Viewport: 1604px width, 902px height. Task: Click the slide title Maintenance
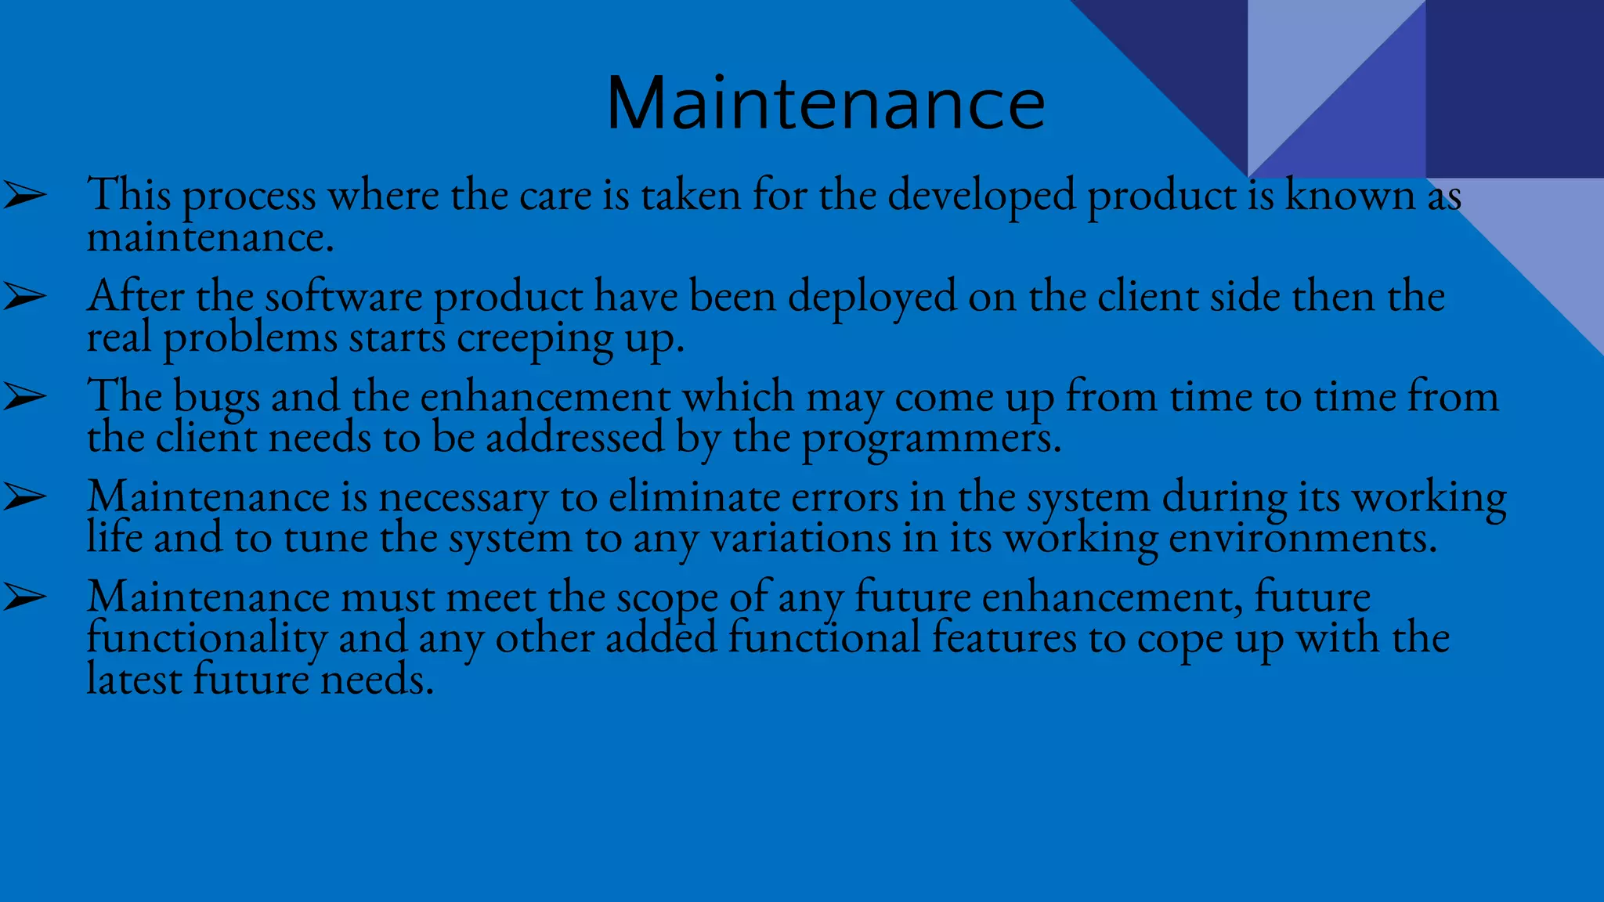click(825, 104)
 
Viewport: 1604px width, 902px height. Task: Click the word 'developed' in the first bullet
click(981, 196)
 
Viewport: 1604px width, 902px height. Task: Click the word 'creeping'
click(534, 340)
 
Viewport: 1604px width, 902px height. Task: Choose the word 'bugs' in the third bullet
click(216, 399)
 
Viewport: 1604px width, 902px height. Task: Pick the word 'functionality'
click(206, 639)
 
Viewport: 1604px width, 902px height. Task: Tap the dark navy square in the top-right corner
click(1514, 88)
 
